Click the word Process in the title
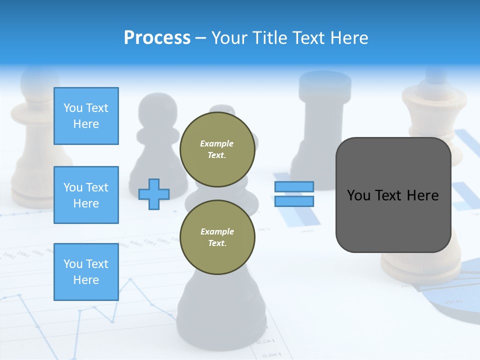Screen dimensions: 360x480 pos(157,38)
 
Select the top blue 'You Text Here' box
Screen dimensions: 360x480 pos(86,116)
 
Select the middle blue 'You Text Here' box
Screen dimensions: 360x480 pos(86,195)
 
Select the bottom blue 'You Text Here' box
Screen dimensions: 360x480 pos(86,271)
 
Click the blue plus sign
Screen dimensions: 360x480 pos(154,194)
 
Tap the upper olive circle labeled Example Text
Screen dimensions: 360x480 pos(217,149)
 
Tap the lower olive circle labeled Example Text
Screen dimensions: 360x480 pos(217,237)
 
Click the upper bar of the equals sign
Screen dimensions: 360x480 pos(294,186)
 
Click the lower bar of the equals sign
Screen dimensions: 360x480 pos(294,201)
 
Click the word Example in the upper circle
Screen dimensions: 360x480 pos(217,143)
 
